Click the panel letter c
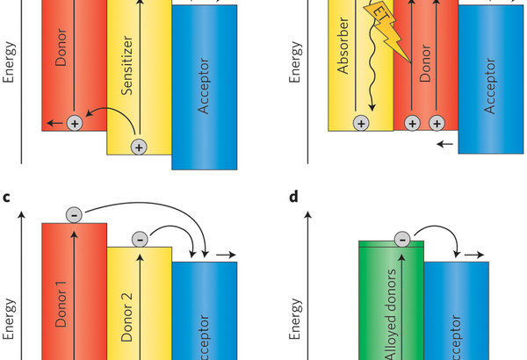[x=6, y=197]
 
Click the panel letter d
[x=294, y=197]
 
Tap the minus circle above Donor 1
[x=74, y=214]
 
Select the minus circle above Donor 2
[x=139, y=238]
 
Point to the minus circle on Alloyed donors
[x=401, y=238]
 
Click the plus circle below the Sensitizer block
[x=137, y=148]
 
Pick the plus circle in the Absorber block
[x=361, y=124]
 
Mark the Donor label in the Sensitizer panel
[x=61, y=61]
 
